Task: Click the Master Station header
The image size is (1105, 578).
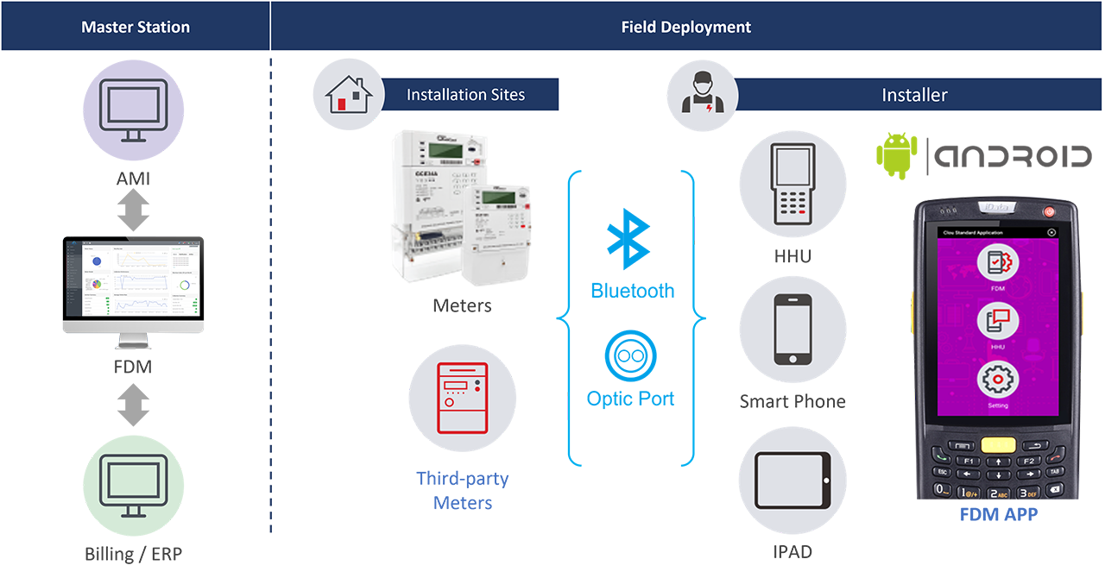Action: [136, 27]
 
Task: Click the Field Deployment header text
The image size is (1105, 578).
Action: [686, 27]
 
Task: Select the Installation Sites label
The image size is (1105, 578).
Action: [465, 95]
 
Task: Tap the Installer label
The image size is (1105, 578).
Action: [914, 95]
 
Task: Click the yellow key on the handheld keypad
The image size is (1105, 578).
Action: [1000, 444]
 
